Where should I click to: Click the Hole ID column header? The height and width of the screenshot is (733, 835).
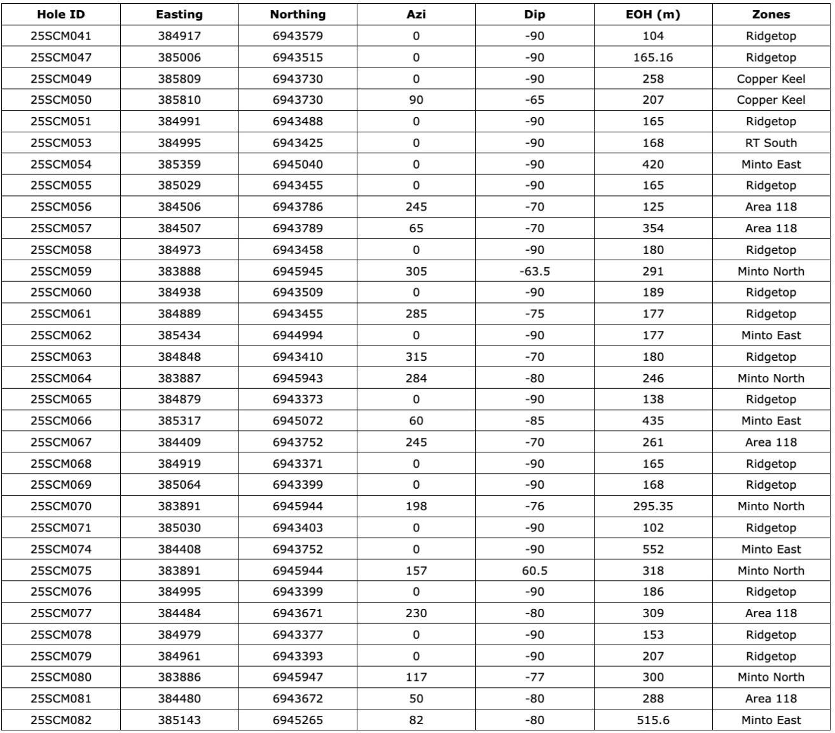point(60,14)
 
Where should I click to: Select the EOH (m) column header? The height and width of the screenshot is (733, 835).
point(652,14)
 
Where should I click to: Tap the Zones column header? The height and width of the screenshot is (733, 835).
point(771,14)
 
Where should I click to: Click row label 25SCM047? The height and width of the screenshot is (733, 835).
point(60,57)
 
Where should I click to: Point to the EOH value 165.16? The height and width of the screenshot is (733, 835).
point(652,57)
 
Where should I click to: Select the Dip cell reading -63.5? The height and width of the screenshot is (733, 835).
point(534,271)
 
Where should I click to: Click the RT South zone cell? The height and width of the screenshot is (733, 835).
point(771,143)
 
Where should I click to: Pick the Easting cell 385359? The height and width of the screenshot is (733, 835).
point(179,164)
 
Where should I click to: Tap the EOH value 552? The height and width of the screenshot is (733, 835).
point(652,549)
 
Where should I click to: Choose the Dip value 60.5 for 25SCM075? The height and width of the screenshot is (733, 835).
point(534,571)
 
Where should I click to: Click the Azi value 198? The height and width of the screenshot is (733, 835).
point(416,506)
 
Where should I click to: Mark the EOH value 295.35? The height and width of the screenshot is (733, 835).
point(652,506)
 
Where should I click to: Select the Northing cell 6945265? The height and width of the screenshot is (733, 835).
point(298,720)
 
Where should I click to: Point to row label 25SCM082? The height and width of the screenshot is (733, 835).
point(60,720)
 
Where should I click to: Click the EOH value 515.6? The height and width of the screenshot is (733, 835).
point(652,720)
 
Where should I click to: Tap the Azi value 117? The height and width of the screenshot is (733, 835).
point(416,677)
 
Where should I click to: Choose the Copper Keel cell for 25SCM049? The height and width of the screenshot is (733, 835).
point(771,79)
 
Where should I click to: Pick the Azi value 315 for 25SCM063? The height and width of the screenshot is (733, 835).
point(416,357)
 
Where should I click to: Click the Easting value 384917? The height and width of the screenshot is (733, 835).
point(179,36)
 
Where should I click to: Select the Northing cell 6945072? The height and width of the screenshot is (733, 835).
point(298,421)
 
